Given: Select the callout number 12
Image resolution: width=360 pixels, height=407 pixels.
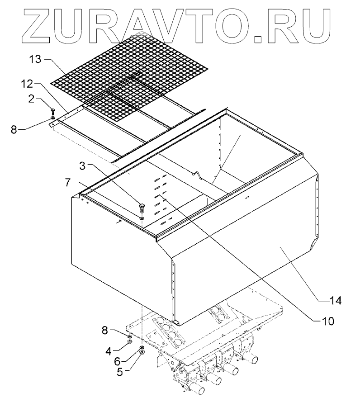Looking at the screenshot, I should click(x=28, y=85).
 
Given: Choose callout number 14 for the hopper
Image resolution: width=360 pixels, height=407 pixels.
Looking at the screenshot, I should click(x=335, y=299).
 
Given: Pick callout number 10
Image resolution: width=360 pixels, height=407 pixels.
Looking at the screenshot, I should click(x=328, y=321).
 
